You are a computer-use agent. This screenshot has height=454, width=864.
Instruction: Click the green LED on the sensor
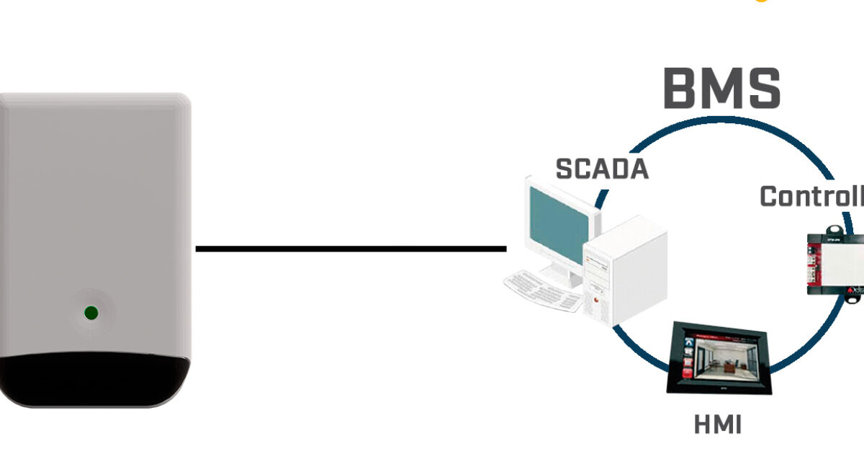[x=91, y=313]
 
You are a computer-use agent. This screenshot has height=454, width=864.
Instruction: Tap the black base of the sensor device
[x=94, y=380]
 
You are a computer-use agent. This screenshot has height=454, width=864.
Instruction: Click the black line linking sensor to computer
[x=351, y=249]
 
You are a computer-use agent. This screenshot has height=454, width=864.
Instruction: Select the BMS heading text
[x=721, y=89]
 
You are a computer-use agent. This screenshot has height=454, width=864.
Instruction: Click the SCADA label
[x=602, y=169]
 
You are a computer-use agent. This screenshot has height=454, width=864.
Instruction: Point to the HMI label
[x=717, y=425]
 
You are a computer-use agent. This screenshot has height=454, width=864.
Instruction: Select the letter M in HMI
[x=718, y=425]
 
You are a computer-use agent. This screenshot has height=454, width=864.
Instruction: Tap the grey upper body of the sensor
[x=94, y=202]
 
